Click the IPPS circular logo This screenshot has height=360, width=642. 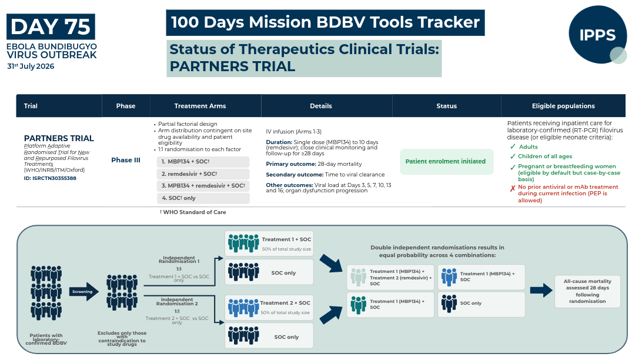coord(597,34)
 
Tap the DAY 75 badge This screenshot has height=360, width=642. coord(51,26)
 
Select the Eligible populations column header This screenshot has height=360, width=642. coord(563,106)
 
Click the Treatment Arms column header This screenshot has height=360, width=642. coord(200,106)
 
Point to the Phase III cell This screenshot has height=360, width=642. coord(126,160)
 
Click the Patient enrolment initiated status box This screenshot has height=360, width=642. coord(446,161)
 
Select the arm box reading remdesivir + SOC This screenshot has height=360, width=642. coord(203,174)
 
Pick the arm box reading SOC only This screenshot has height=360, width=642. coord(203,198)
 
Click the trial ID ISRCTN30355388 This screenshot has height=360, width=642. coord(50,178)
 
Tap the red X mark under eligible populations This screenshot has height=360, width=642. coord(513,189)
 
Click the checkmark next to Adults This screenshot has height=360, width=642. coord(513,146)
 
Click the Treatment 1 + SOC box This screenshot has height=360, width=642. coord(269,244)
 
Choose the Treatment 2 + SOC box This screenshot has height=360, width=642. coord(269,307)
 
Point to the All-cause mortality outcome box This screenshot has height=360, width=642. coord(587,291)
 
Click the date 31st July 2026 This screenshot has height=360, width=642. coord(31,66)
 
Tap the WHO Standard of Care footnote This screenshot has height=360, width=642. coord(193,212)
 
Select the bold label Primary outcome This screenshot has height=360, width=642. coord(291,164)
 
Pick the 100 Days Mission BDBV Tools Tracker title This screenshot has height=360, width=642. coord(325,22)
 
